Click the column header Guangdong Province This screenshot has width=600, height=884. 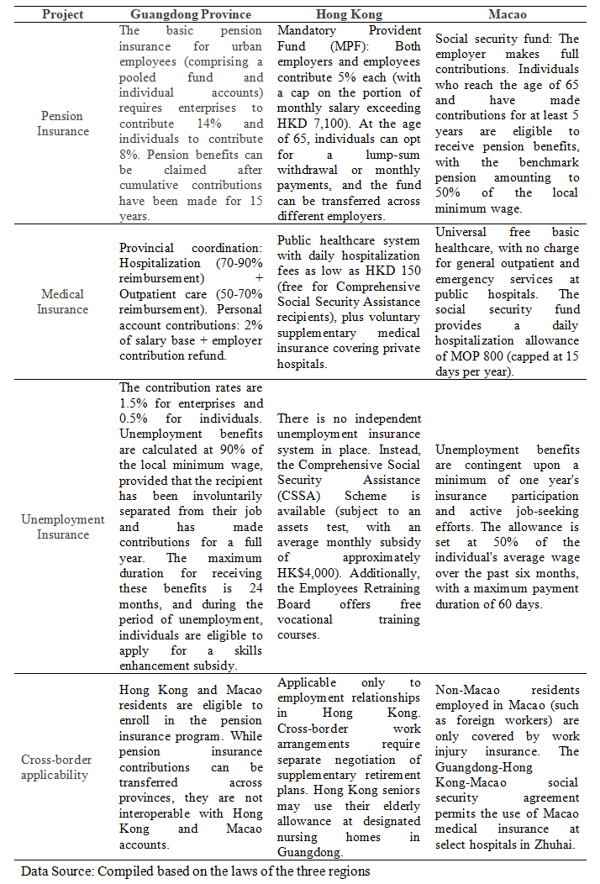(x=191, y=15)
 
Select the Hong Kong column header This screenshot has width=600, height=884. (x=349, y=15)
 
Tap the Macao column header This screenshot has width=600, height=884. (x=508, y=15)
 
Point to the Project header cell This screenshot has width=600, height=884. (x=62, y=15)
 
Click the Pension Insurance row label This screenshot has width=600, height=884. (x=62, y=124)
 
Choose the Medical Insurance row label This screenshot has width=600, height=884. (x=62, y=302)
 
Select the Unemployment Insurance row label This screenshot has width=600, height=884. (x=62, y=526)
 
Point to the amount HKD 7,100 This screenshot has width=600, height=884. (x=305, y=124)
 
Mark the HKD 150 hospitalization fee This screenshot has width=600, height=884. (x=397, y=271)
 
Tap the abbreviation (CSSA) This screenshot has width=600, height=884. (x=300, y=496)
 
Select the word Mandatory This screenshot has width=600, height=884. (x=306, y=31)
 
